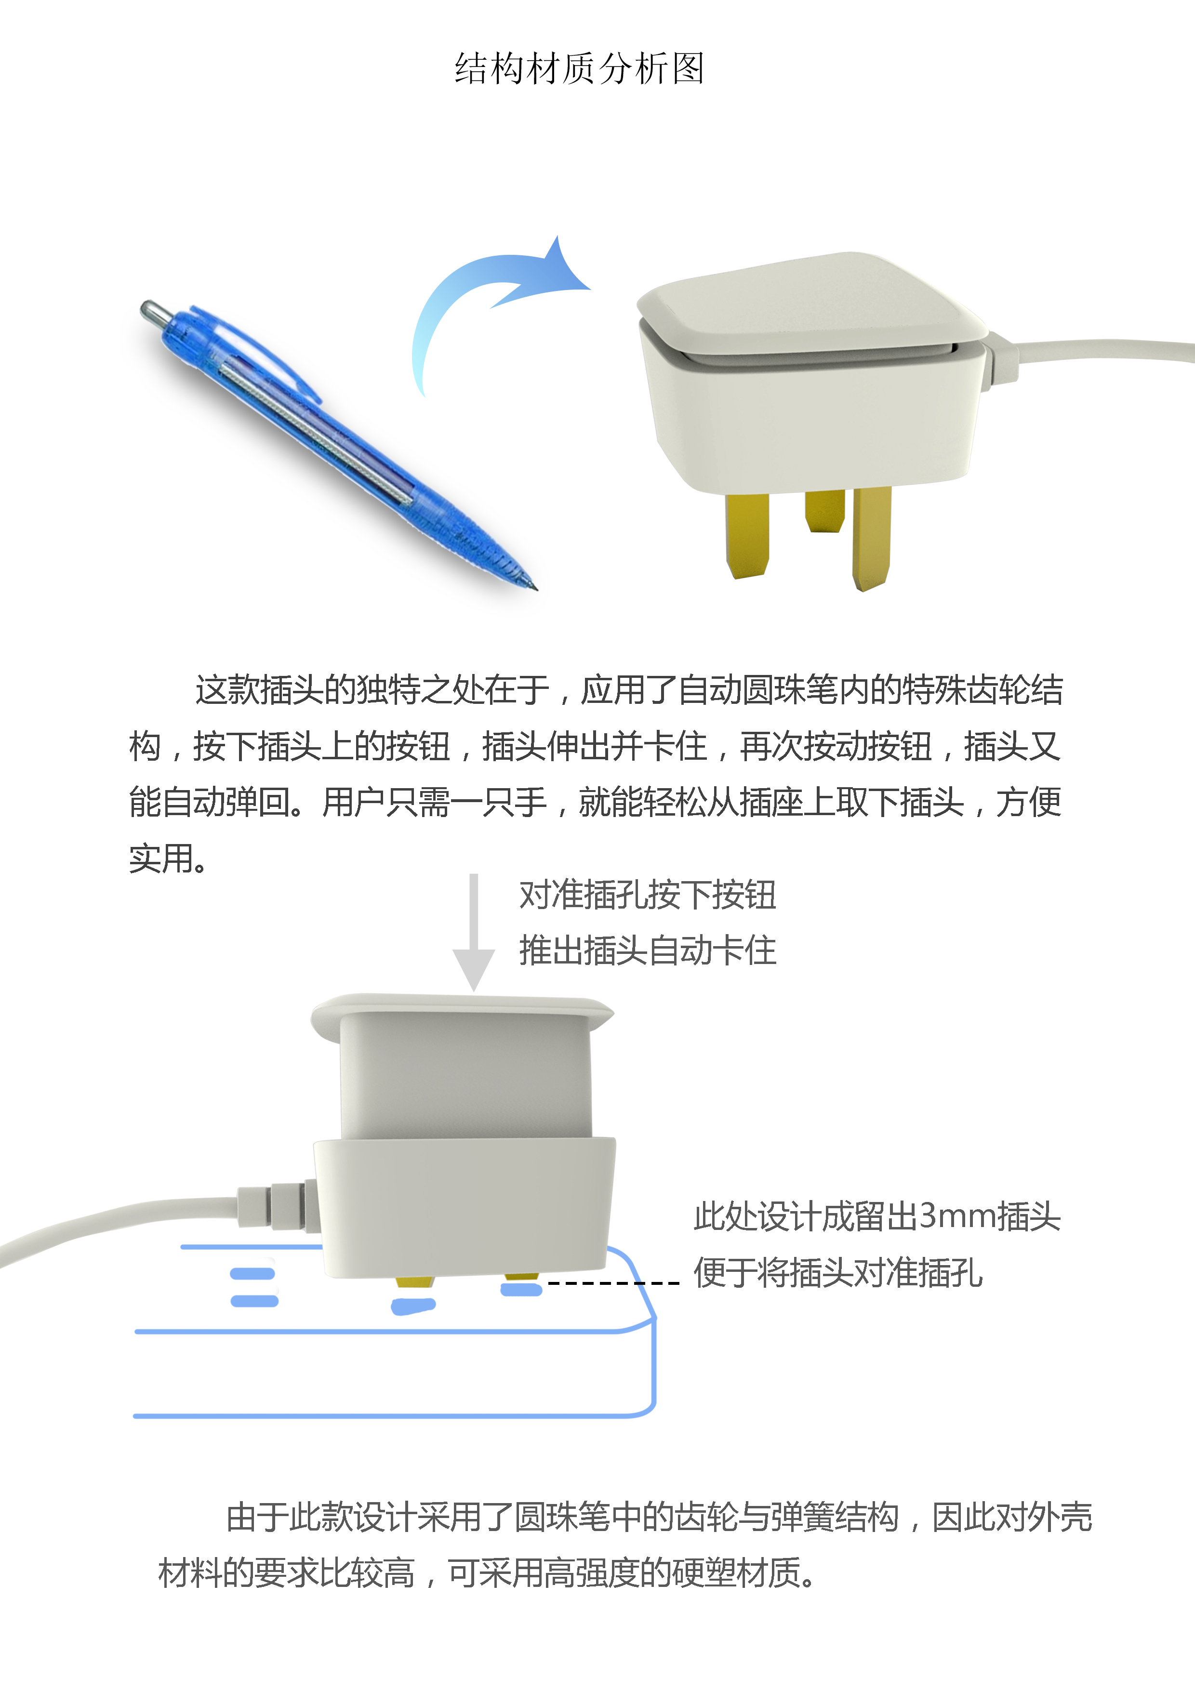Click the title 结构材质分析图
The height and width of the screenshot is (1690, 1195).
point(580,69)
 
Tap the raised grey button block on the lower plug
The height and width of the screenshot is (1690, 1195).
point(465,1075)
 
